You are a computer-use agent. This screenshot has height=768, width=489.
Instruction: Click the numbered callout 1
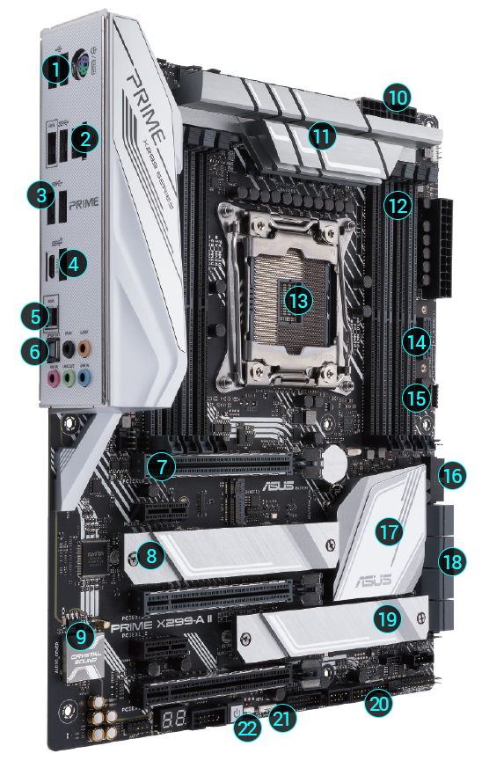point(57,68)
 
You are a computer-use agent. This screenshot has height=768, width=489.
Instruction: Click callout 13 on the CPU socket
point(299,300)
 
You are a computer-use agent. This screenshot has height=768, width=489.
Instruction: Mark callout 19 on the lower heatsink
point(386,619)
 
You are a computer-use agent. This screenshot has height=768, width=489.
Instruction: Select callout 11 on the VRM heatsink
point(323,135)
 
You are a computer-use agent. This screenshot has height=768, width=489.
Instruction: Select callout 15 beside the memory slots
point(415,398)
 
